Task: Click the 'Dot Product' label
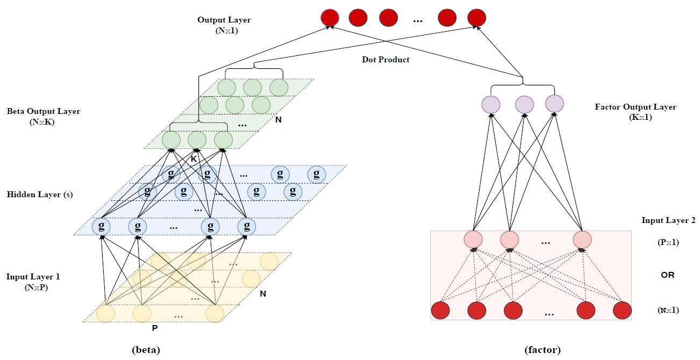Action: pos(385,60)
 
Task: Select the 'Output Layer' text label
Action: pos(224,20)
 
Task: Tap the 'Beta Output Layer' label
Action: pos(44,111)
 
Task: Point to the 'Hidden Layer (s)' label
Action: pos(40,195)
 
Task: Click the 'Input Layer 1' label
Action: pos(33,277)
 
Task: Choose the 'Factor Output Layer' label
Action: pos(635,107)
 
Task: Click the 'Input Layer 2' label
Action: pos(668,220)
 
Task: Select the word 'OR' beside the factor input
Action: pos(668,275)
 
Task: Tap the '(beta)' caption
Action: pos(146,350)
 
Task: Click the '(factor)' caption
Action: pos(542,350)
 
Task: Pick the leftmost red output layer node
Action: pos(330,18)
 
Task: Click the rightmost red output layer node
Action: pos(476,18)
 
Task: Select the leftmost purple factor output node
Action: pos(491,105)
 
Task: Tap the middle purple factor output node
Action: pos(524,105)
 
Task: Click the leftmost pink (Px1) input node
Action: pos(473,240)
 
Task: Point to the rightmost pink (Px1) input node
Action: pos(582,240)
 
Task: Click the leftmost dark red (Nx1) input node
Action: pos(440,311)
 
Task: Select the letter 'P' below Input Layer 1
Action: pos(155,328)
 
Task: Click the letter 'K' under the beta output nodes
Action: pos(194,159)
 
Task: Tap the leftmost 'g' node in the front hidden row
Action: pos(101,226)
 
